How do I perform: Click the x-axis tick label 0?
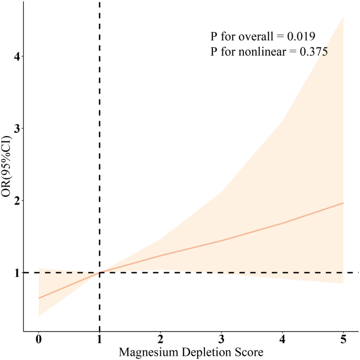39,339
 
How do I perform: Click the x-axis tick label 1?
99,339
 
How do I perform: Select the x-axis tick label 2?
160,339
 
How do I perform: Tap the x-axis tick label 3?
221,339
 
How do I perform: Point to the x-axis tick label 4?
282,339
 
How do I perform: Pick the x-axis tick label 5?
343,339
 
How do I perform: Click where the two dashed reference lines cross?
99,273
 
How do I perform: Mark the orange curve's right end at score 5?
343,203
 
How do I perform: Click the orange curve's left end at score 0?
39,298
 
